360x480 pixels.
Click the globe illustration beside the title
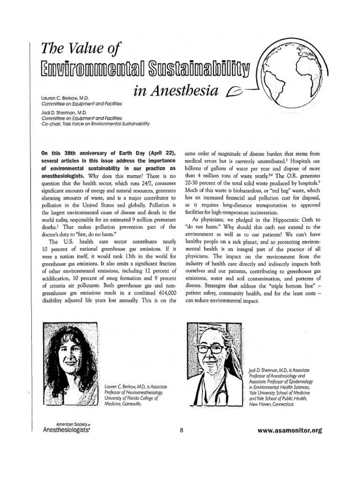296,77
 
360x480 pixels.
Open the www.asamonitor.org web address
290,429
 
